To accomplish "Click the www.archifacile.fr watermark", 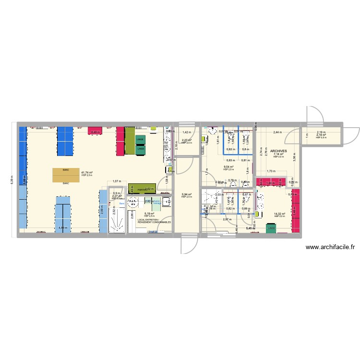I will click(x=329, y=248).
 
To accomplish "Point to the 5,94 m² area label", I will click(x=187, y=194).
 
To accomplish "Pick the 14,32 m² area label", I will click(x=279, y=214).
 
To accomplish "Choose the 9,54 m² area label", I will click(x=228, y=167).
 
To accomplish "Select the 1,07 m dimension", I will click(x=117, y=181).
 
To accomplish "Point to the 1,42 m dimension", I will click(x=187, y=132).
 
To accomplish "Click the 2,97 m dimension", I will click(x=227, y=219).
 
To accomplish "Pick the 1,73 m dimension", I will click(x=270, y=171).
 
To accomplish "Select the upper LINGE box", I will click(x=140, y=126).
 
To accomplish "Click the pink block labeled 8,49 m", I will click(x=96, y=131).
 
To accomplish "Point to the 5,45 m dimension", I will click(x=250, y=228).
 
